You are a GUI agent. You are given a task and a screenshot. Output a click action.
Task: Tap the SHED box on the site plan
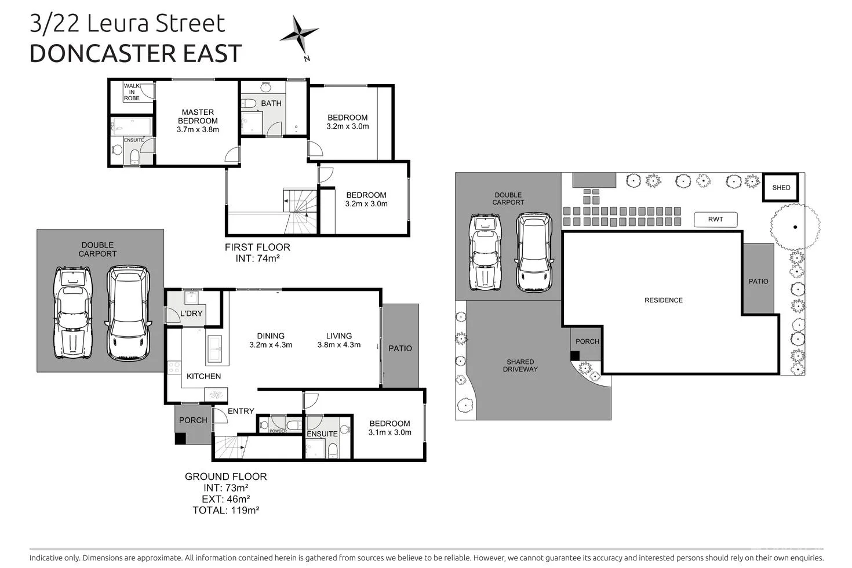tap(781, 187)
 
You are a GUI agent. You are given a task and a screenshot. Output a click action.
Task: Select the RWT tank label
tap(716, 220)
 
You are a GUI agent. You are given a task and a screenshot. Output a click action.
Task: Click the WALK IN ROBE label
tap(132, 92)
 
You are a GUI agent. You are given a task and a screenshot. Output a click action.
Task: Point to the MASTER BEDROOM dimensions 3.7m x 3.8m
tap(198, 130)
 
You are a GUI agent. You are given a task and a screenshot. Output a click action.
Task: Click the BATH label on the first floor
tap(271, 104)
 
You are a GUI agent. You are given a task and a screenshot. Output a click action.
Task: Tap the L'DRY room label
tap(191, 314)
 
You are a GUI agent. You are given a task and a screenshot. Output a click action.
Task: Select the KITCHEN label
tap(203, 376)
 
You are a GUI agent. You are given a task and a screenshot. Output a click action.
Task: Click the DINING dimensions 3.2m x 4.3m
tap(271, 345)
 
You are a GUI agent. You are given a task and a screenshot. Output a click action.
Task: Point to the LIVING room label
tap(338, 336)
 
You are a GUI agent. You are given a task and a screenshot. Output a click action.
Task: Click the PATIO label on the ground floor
tap(400, 348)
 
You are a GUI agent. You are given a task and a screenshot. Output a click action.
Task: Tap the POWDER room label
tap(278, 431)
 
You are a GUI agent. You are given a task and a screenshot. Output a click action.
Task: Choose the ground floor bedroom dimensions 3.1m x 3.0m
tap(389, 432)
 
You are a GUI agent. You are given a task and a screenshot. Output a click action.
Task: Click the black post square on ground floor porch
tap(180, 439)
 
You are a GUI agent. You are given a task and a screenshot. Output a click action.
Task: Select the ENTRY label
tap(241, 411)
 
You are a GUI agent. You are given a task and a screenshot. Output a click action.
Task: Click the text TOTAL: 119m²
tap(225, 511)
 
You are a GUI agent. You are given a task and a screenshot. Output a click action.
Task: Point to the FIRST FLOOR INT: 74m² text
tap(257, 253)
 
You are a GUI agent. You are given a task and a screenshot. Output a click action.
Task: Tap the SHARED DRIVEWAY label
tap(520, 365)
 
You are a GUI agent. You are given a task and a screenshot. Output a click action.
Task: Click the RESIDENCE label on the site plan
tap(664, 300)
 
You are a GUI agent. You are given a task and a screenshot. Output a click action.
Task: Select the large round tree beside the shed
tap(795, 227)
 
